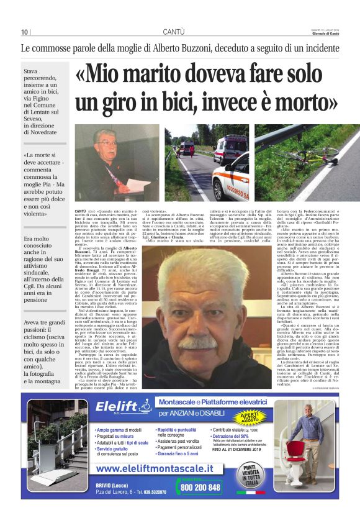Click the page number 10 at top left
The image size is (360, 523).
[x=24, y=32]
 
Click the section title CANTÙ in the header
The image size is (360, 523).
[x=173, y=32]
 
